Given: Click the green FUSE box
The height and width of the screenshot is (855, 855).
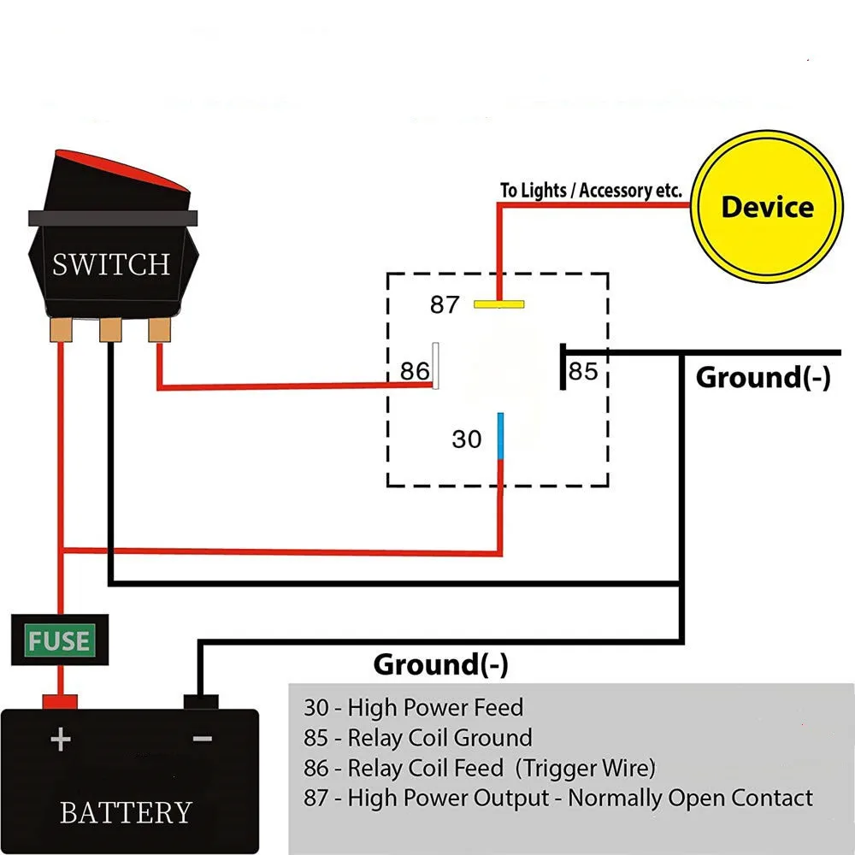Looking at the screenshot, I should click(x=60, y=640).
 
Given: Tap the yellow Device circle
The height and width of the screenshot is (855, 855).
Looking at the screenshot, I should click(x=766, y=207).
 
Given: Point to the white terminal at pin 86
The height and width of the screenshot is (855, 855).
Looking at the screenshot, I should click(x=436, y=366).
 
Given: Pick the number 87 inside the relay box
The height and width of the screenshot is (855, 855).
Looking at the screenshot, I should click(x=445, y=304).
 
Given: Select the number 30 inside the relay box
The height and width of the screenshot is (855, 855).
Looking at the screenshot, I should click(x=467, y=439).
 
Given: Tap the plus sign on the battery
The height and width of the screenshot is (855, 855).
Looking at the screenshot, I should click(x=60, y=740).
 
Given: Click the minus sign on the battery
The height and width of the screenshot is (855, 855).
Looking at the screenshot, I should click(x=202, y=738).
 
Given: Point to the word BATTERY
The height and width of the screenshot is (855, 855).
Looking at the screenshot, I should click(x=126, y=811).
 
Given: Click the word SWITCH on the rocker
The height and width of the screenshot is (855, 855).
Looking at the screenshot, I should click(x=111, y=264).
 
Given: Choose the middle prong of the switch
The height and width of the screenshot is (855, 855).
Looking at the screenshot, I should click(x=110, y=330).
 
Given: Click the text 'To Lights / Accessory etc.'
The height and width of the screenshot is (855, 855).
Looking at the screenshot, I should click(x=591, y=190).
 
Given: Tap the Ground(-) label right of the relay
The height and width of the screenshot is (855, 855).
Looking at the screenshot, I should click(x=763, y=377).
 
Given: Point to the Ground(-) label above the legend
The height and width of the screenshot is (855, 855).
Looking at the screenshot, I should click(x=440, y=663).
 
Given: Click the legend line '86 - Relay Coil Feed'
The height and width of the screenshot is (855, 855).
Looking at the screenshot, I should click(x=479, y=768).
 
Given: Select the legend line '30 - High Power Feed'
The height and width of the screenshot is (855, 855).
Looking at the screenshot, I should click(x=413, y=708).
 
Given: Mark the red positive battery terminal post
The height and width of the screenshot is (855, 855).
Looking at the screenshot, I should click(x=60, y=701).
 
